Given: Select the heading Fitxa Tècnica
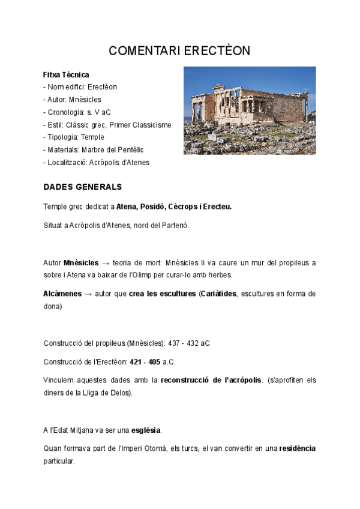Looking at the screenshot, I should click(66, 75).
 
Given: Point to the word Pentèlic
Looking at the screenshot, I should click(131, 149).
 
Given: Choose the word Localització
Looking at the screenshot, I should click(68, 162).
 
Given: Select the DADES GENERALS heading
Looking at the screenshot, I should click(82, 187).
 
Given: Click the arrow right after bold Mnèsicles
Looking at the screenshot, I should click(106, 263).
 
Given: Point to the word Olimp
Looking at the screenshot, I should click(157, 275).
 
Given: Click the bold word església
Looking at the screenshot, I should click(146, 430).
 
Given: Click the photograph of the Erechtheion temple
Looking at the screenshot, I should click(250, 110).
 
